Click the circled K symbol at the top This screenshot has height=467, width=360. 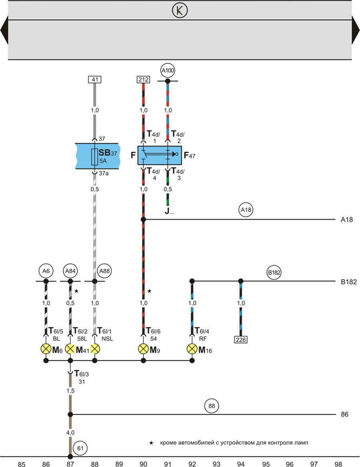pos(180,11)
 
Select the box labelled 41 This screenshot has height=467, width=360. pos(95,80)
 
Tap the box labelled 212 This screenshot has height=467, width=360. pos(143,80)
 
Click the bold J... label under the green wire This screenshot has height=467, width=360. pos(169,212)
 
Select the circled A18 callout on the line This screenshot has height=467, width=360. pos(247,210)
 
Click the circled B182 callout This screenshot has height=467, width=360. pos(274,273)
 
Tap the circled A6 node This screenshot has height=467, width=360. pos(46,271)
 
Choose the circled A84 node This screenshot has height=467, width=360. pos(70,271)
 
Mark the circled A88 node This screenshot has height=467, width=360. pos(105,271)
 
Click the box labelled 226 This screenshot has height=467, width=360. pos(241,340)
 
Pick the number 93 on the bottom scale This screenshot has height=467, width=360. pos(216,463)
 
